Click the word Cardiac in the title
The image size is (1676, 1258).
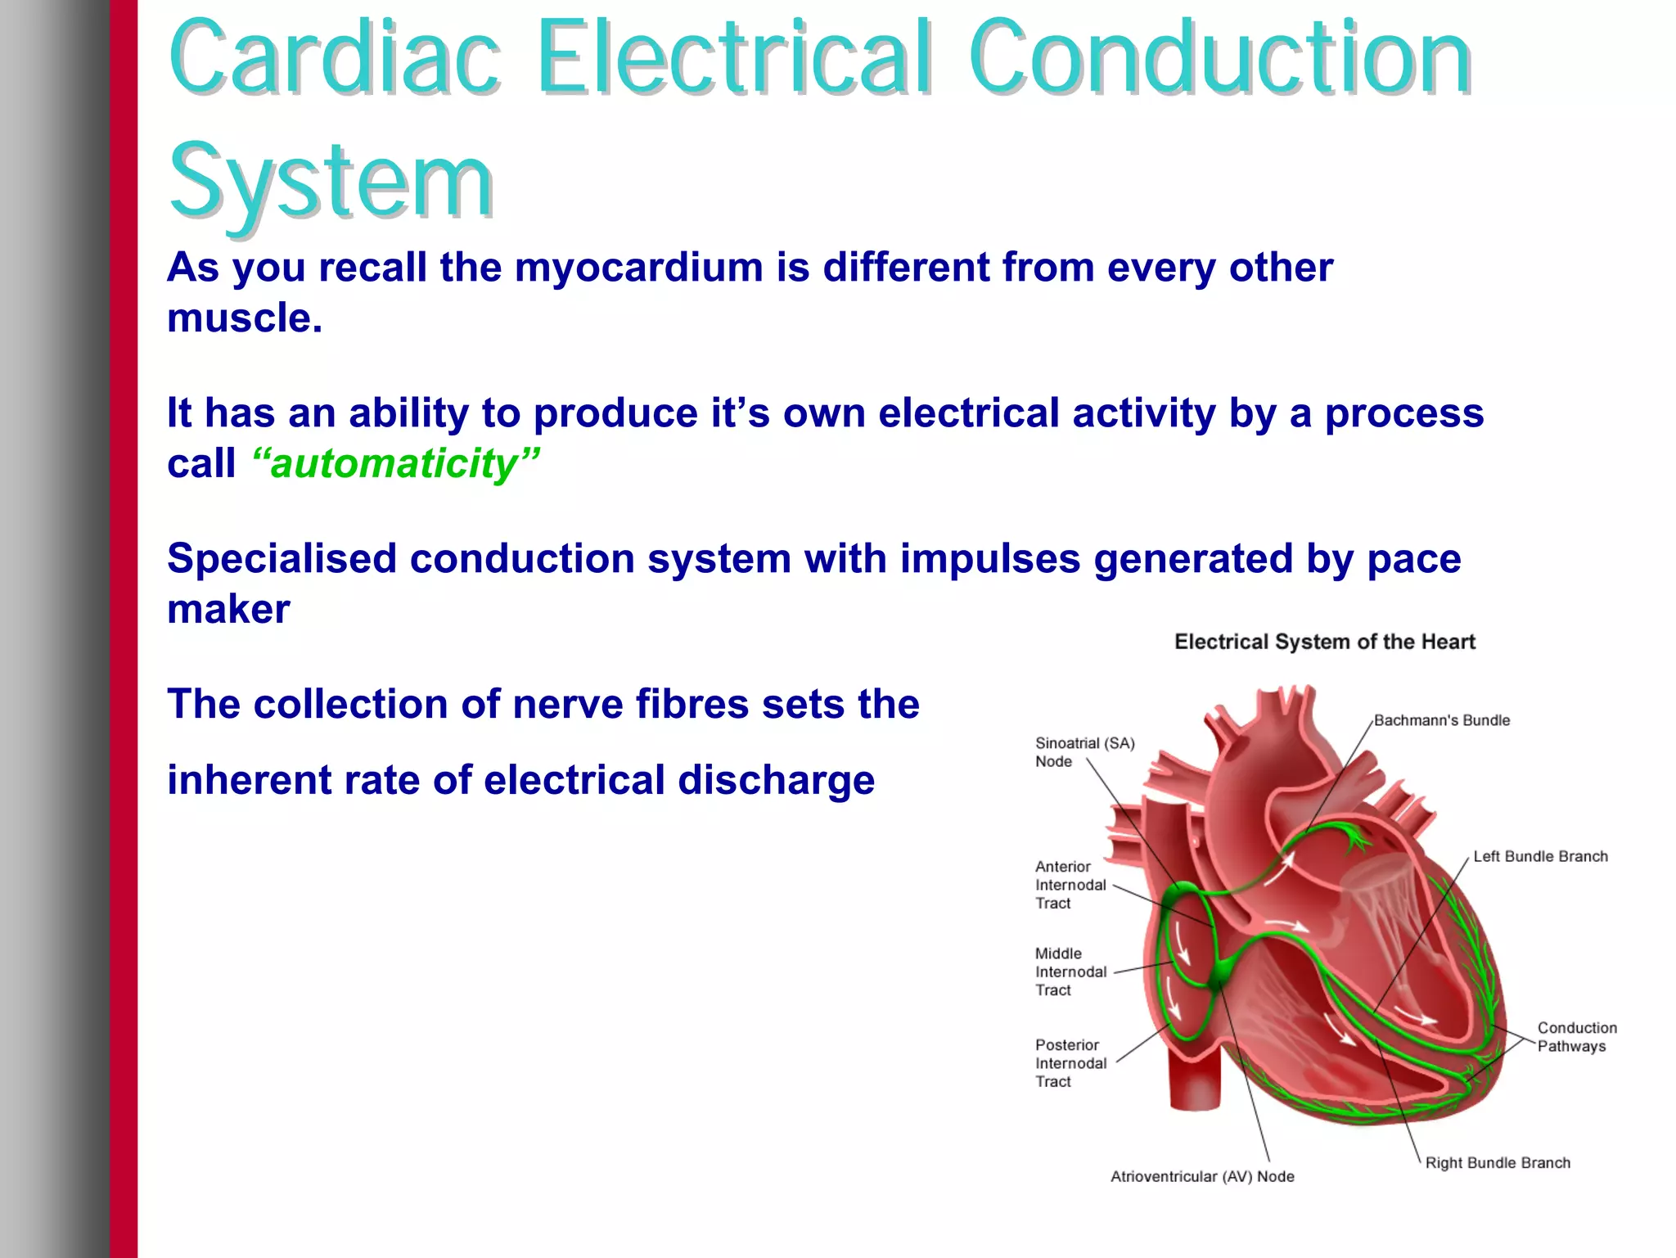[x=334, y=59]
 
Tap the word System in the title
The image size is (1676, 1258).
[x=331, y=182]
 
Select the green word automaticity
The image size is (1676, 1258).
[x=395, y=464]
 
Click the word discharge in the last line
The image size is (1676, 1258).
[x=776, y=780]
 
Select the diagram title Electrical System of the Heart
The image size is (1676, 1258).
[x=1324, y=642]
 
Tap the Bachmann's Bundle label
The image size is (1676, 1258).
[x=1441, y=720]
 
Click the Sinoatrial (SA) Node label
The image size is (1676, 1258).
[x=1084, y=751]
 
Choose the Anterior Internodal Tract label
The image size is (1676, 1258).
[x=1070, y=885]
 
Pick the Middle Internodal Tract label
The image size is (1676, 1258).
[x=1070, y=972]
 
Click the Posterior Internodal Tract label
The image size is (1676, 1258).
[x=1070, y=1063]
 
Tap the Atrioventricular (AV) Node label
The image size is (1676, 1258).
[x=1201, y=1176]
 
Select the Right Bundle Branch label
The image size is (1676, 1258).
[x=1497, y=1163]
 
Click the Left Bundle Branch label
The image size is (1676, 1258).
[x=1539, y=856]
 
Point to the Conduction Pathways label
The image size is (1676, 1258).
[x=1575, y=1037]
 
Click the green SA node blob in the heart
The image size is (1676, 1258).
[x=1179, y=895]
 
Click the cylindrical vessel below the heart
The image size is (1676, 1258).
[x=1196, y=1080]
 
